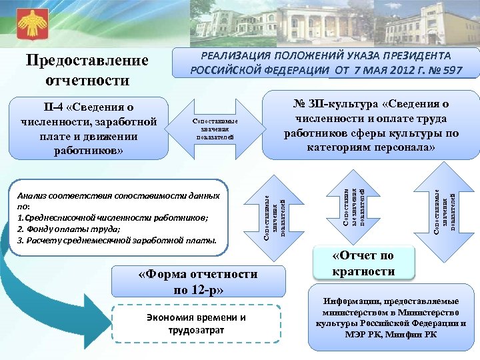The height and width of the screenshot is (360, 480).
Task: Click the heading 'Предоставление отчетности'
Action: pos(87,70)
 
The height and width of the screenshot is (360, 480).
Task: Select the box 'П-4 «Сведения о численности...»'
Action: pos(89,128)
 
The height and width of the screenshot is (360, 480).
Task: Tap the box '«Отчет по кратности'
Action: pos(363,263)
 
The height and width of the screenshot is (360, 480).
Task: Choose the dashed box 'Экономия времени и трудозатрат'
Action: pos(197,323)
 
